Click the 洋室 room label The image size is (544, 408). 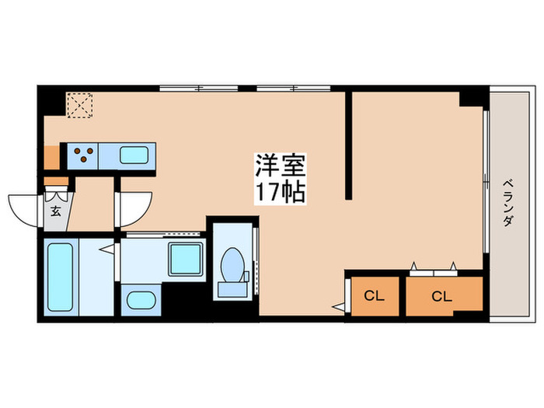(281, 164)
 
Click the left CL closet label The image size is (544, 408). (374, 296)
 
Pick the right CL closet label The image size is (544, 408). (441, 296)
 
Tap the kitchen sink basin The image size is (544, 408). (134, 155)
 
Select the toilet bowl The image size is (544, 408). (232, 264)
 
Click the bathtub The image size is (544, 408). (59, 277)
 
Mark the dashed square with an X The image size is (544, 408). (78, 105)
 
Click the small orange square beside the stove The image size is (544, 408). (51, 157)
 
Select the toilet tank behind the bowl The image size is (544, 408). (231, 288)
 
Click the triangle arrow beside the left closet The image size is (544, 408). (338, 307)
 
